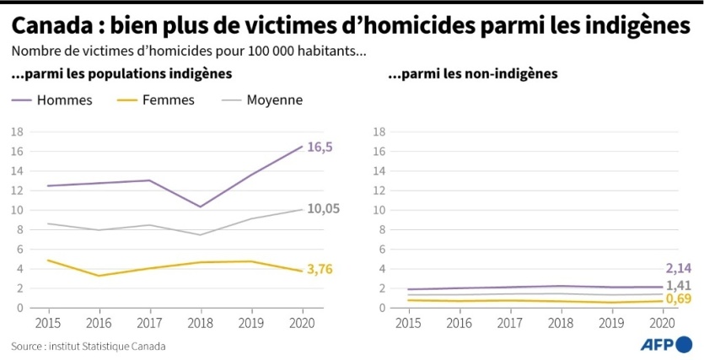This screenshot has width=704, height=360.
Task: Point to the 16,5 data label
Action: (x=320, y=147)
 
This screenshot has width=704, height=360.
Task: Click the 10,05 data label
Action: (x=324, y=208)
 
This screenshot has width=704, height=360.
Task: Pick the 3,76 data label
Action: (x=320, y=270)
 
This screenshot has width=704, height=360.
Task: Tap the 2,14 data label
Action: (x=679, y=269)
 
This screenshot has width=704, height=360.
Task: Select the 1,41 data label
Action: (x=679, y=285)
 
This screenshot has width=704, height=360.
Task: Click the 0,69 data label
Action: (x=679, y=299)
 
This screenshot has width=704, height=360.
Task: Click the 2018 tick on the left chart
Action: (x=201, y=322)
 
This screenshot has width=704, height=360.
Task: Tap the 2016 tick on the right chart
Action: (x=459, y=322)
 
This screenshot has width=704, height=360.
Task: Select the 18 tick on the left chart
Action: (x=16, y=132)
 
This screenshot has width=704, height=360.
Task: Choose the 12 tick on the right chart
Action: (x=379, y=191)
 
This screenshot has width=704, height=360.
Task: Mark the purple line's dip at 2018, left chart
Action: (x=201, y=207)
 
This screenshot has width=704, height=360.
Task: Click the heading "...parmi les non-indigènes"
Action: (x=472, y=74)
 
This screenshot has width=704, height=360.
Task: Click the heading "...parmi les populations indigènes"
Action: (x=121, y=74)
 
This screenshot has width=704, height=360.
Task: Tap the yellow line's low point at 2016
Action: (x=99, y=276)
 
